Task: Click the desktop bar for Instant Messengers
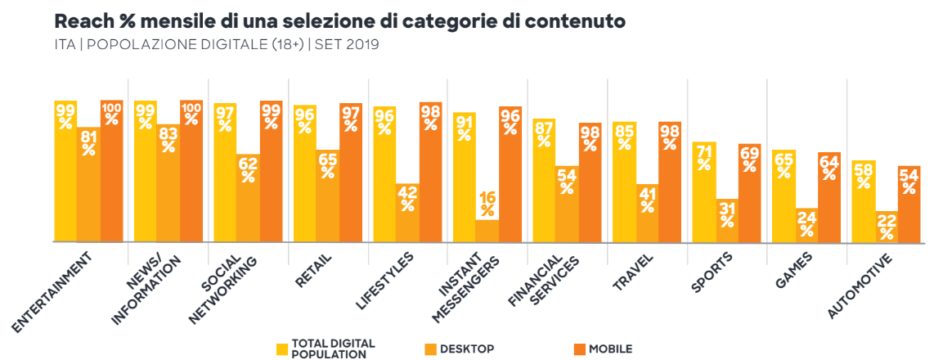[487, 232]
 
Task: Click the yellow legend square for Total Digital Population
[283, 349]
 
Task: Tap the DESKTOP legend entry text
[467, 349]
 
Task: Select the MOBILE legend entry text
[609, 349]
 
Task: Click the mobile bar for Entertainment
[112, 172]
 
